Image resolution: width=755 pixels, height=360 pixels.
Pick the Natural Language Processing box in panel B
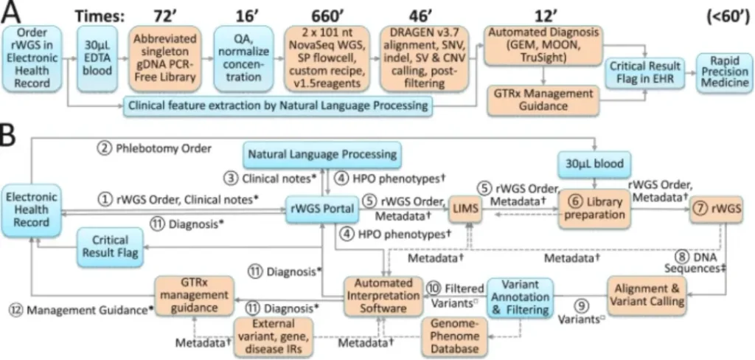point(323,155)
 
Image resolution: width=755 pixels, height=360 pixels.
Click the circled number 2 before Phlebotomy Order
point(106,148)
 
